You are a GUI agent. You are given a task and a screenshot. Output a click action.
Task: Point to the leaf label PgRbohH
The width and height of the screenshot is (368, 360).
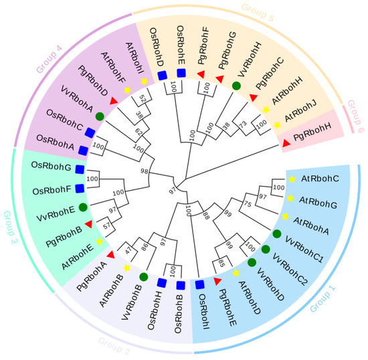coord(318,138)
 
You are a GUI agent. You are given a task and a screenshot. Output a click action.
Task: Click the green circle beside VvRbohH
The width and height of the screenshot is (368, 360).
coord(236,86)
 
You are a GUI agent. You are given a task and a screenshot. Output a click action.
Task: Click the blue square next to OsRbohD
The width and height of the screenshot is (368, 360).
coord(161,75)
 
